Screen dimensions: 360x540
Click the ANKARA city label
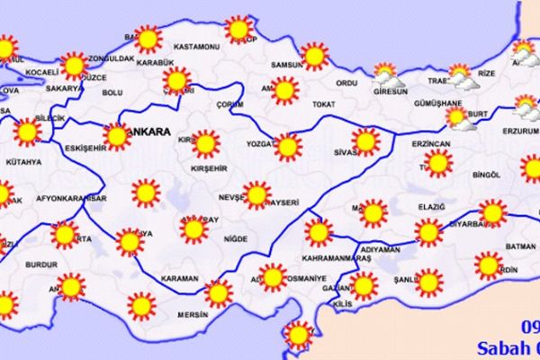coord(150,131)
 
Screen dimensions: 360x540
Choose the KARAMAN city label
coord(179,279)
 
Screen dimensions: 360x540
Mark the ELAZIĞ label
coord(431,208)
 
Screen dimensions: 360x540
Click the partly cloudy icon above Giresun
coord(384,74)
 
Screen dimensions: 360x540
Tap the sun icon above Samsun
coord(313,57)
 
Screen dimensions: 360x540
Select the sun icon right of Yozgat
coord(287,145)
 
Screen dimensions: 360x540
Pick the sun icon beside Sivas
coord(364,141)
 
